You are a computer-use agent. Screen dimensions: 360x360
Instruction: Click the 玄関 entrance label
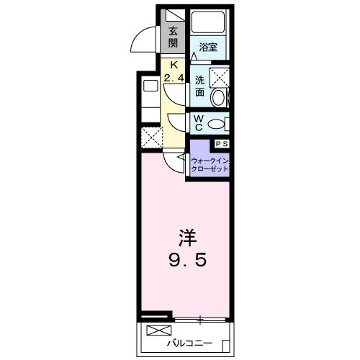click(173, 36)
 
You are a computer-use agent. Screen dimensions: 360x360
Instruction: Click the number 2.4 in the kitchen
click(173, 77)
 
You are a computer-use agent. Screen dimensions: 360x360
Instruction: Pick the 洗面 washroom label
click(199, 87)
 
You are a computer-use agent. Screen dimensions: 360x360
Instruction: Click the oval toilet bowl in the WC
click(215, 125)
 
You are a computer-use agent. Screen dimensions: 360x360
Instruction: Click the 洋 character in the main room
click(185, 236)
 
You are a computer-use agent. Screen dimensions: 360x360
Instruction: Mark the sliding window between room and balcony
click(201, 318)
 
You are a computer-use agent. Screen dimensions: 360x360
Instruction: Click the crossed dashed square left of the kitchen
click(151, 136)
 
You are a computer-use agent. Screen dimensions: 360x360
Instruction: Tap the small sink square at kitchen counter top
click(150, 86)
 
